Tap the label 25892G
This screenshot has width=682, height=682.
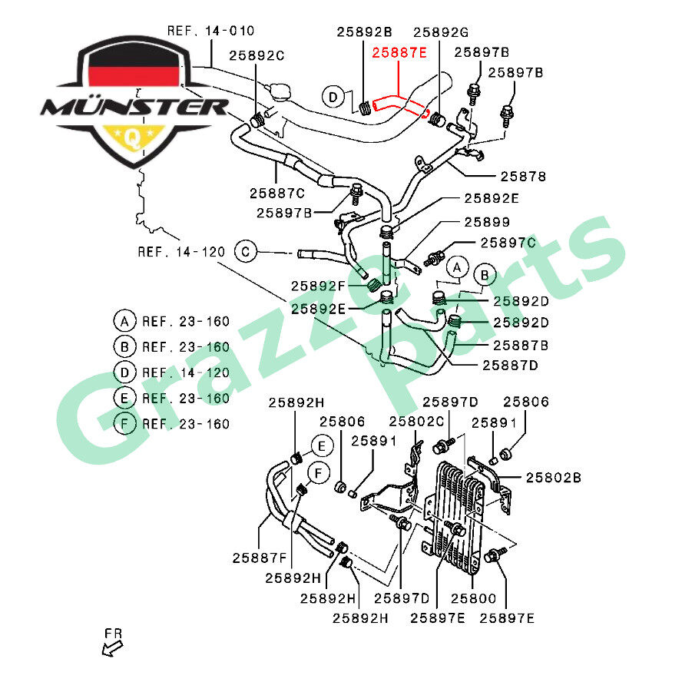pyautogui.click(x=441, y=32)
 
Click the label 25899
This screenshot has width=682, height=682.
pyautogui.click(x=486, y=222)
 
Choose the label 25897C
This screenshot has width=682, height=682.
pyautogui.click(x=508, y=243)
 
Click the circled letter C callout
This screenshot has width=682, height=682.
pyautogui.click(x=246, y=251)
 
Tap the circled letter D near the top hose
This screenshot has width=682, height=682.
pyautogui.click(x=333, y=97)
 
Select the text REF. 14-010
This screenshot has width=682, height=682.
pyautogui.click(x=210, y=31)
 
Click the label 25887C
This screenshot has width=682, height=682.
pyautogui.click(x=276, y=193)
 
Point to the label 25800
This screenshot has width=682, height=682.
pyautogui.click(x=473, y=598)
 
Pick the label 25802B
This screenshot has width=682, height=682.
pyautogui.click(x=553, y=478)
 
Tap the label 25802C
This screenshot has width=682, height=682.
pyautogui.click(x=416, y=421)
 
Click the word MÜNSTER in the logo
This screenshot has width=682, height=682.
pyautogui.click(x=134, y=106)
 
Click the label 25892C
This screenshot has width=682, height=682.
pyautogui.click(x=257, y=55)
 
